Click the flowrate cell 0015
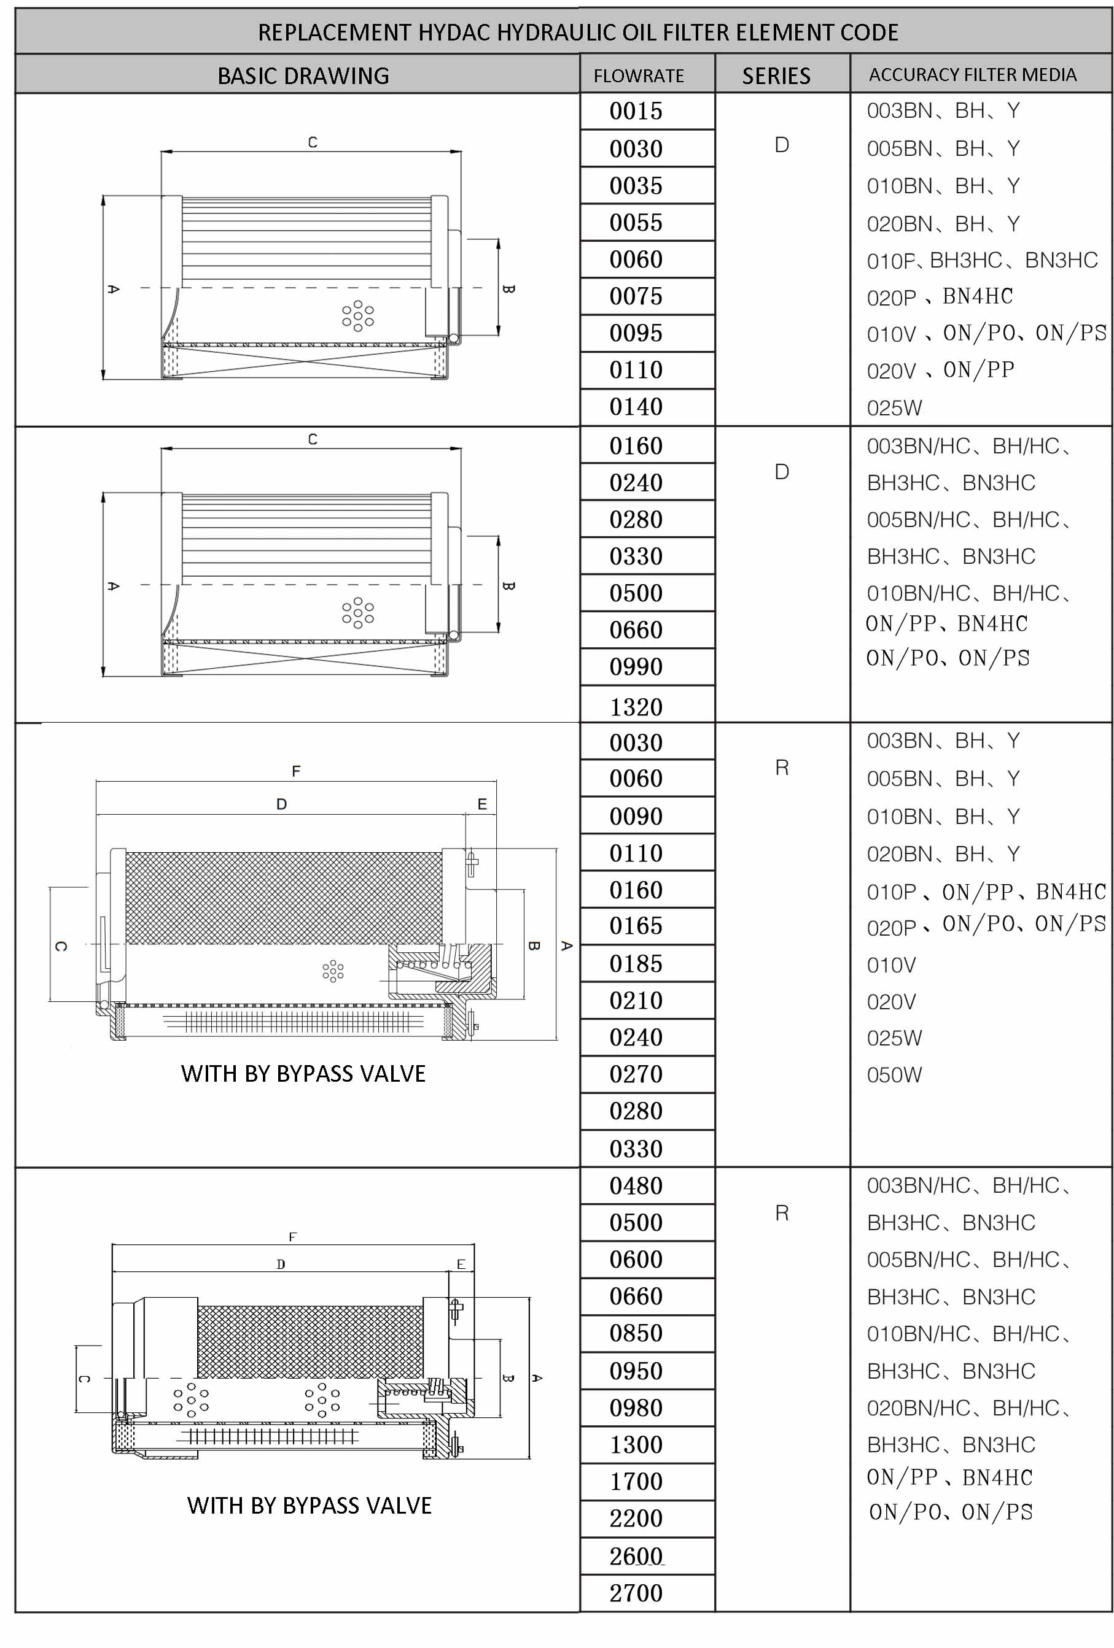tap(635, 110)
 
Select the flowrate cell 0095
tap(635, 333)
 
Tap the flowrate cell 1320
tap(635, 706)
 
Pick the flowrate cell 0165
tap(635, 925)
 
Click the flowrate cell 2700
tap(635, 1593)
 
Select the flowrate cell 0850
tap(635, 1333)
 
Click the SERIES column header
tap(776, 75)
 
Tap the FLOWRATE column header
tap(639, 75)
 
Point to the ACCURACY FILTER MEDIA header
tap(972, 74)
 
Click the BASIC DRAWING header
tap(303, 75)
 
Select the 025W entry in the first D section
tap(894, 408)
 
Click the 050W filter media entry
tap(894, 1075)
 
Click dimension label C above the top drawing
tap(312, 142)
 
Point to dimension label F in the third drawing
tap(296, 771)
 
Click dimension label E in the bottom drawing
tap(461, 1264)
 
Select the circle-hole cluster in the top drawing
tap(357, 315)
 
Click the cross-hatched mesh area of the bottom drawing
tap(310, 1340)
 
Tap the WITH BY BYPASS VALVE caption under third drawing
tap(303, 1074)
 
